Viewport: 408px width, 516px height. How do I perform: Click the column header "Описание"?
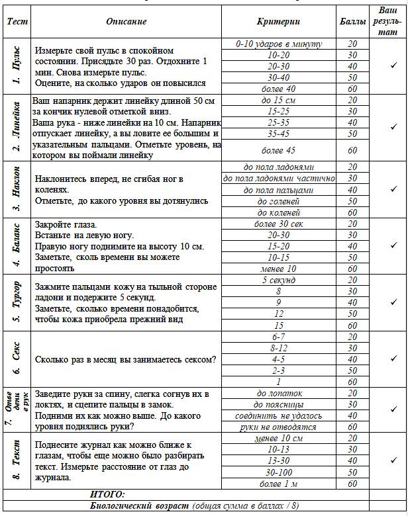[126, 21]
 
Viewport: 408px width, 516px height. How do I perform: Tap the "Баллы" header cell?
[352, 21]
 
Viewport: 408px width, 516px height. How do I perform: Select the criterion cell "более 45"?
[279, 150]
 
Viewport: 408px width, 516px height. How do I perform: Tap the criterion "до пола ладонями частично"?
[279, 179]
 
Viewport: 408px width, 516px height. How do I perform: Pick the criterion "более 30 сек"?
[279, 224]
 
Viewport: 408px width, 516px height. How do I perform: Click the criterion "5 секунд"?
[279, 280]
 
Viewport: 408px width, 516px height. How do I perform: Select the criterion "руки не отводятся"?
[279, 427]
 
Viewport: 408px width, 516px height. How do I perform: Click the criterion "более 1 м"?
[279, 484]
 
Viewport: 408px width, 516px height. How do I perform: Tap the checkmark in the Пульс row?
[393, 65]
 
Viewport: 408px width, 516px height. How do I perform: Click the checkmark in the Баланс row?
[393, 246]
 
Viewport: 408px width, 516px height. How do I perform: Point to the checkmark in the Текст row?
[393, 460]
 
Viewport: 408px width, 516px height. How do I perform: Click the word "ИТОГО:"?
[107, 495]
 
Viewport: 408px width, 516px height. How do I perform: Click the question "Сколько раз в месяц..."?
[125, 360]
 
